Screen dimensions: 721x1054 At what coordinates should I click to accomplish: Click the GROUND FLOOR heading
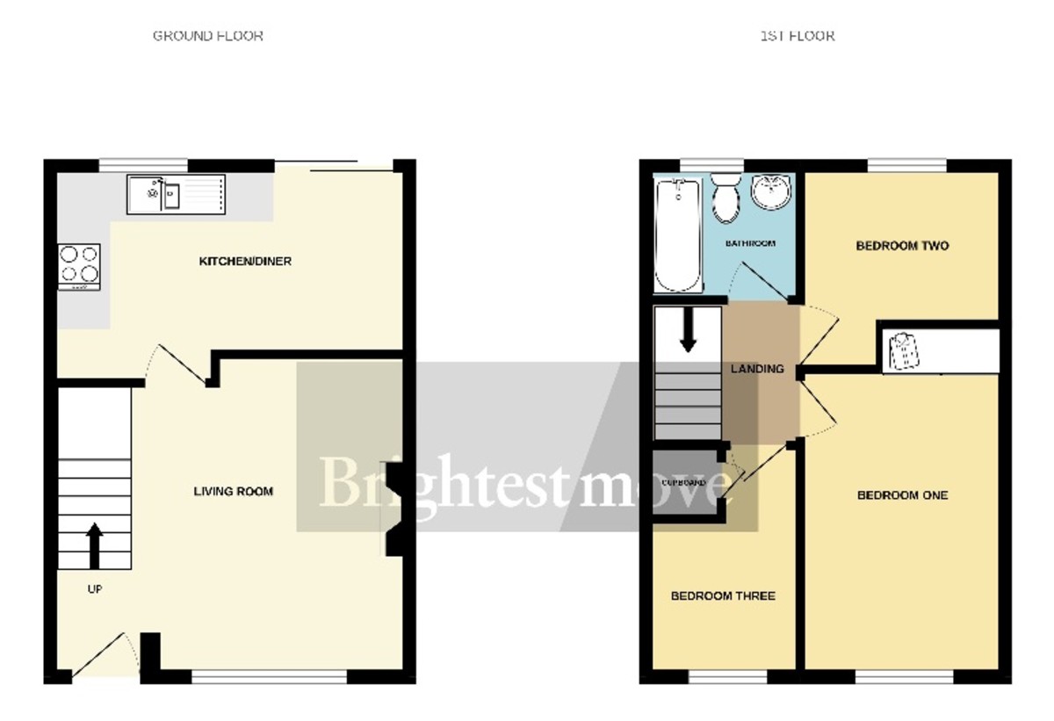pos(208,36)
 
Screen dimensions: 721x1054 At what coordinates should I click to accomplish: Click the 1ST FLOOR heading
pos(797,36)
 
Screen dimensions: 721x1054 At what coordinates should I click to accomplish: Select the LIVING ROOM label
pos(233,492)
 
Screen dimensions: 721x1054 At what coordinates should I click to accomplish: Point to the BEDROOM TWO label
pos(902,246)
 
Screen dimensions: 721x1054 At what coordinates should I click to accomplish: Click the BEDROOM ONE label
pos(902,495)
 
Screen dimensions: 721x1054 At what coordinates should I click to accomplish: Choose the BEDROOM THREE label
pos(723,596)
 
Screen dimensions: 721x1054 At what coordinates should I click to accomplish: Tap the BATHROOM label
pos(749,243)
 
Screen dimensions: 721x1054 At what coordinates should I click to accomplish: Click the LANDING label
pos(757,369)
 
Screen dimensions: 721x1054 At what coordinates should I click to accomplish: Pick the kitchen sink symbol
pos(175,194)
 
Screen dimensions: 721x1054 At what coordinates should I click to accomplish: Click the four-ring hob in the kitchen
pos(79,266)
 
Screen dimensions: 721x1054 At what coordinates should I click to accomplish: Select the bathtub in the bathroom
pos(679,234)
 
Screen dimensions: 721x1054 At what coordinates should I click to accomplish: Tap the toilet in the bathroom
pos(726,197)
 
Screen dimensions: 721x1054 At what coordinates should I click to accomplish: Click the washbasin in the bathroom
pos(771,191)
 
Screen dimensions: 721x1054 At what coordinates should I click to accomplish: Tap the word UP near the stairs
pos(94,589)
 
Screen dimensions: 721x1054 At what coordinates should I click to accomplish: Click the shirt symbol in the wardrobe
pos(904,350)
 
